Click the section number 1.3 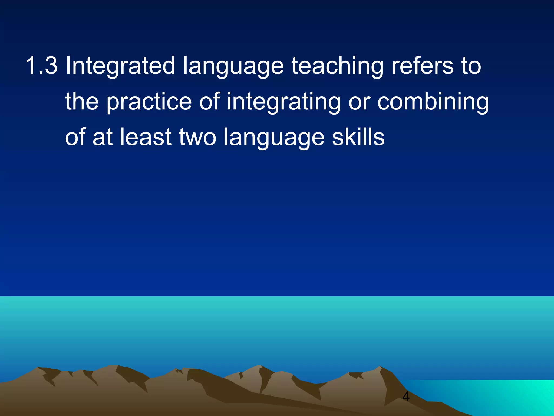[x=41, y=66]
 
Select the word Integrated [x=120, y=66]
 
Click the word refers [x=422, y=66]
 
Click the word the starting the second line [x=82, y=101]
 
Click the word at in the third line [x=103, y=137]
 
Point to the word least [x=146, y=137]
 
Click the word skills [x=358, y=137]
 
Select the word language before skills [x=274, y=138]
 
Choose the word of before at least [x=75, y=137]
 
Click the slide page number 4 [x=406, y=396]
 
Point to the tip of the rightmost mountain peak [x=380, y=367]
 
